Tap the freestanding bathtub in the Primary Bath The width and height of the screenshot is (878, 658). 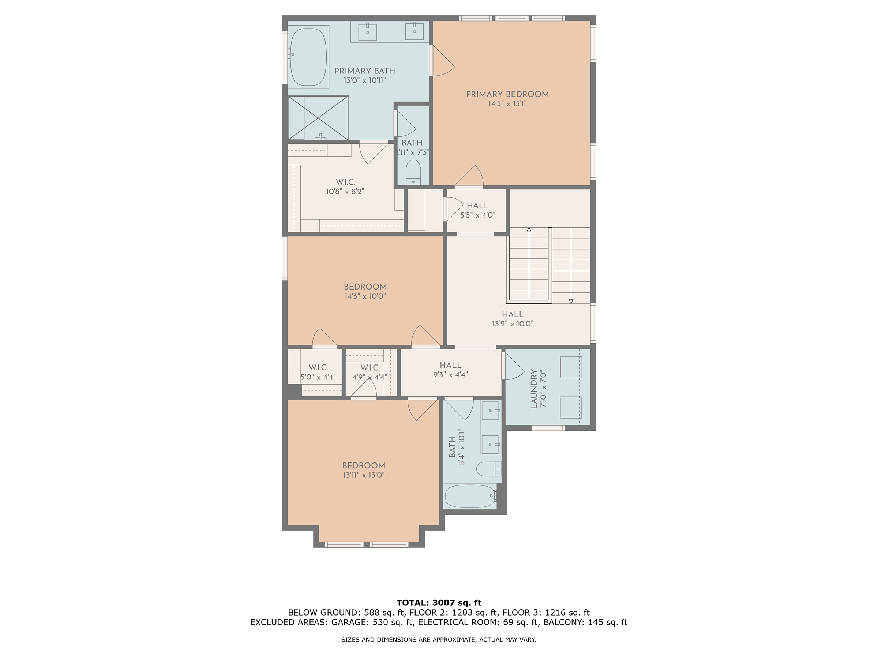tap(308, 57)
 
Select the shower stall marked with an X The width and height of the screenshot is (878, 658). tap(318, 118)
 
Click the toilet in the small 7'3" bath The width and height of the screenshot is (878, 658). tap(413, 172)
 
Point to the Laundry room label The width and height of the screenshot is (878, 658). tap(533, 389)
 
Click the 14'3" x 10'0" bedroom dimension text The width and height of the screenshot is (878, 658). tap(365, 296)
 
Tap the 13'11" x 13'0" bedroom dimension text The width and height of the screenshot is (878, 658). tap(364, 475)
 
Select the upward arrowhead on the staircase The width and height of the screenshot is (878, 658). tap(529, 230)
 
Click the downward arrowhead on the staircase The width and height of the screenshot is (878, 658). tap(571, 301)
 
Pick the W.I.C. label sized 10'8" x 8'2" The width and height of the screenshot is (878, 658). tap(345, 182)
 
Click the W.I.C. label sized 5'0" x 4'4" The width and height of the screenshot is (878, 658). tap(318, 368)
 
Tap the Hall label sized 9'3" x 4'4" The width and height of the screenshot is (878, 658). tap(450, 365)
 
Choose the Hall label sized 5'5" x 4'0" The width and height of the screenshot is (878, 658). tap(477, 205)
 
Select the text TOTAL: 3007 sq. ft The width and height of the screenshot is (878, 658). tap(439, 603)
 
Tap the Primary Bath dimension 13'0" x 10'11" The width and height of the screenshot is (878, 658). tap(364, 80)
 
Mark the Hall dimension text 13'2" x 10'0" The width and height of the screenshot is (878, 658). tap(513, 323)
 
